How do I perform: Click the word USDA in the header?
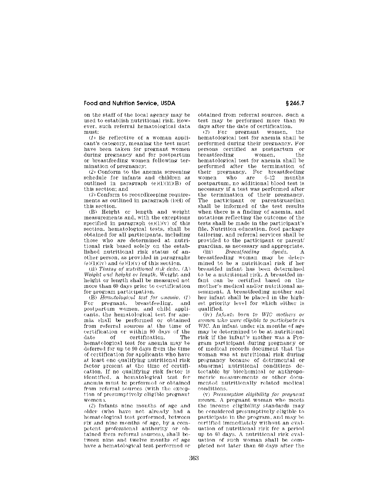click(x=168, y=103)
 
